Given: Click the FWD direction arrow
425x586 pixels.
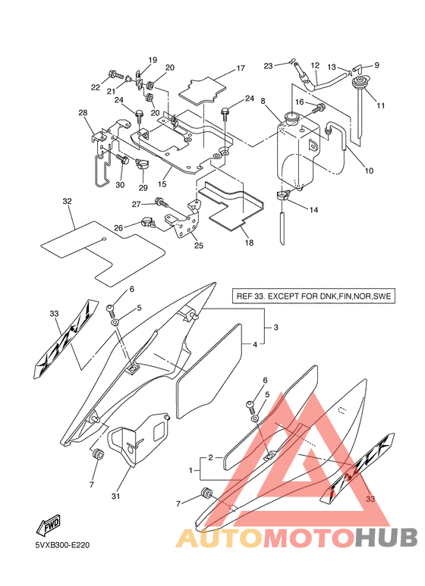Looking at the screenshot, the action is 48,525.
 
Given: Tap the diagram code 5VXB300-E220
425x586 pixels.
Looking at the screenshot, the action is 62,545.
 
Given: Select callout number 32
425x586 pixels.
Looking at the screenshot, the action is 67,201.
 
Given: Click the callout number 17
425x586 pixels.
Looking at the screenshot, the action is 241,68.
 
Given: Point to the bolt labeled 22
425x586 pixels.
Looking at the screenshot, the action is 115,74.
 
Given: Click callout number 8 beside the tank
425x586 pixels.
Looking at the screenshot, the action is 263,101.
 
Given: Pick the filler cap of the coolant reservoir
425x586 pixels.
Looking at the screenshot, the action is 291,118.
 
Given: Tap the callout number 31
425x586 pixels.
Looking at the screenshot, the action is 115,496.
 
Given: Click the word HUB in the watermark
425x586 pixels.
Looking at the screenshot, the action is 386,537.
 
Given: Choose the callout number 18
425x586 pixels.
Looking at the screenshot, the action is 249,243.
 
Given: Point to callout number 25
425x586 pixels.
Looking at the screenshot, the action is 199,246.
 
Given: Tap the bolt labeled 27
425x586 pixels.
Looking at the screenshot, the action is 162,202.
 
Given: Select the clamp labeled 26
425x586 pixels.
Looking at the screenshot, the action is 148,224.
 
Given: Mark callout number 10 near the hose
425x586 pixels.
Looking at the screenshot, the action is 369,171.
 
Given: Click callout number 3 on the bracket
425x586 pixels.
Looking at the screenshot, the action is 275,327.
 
